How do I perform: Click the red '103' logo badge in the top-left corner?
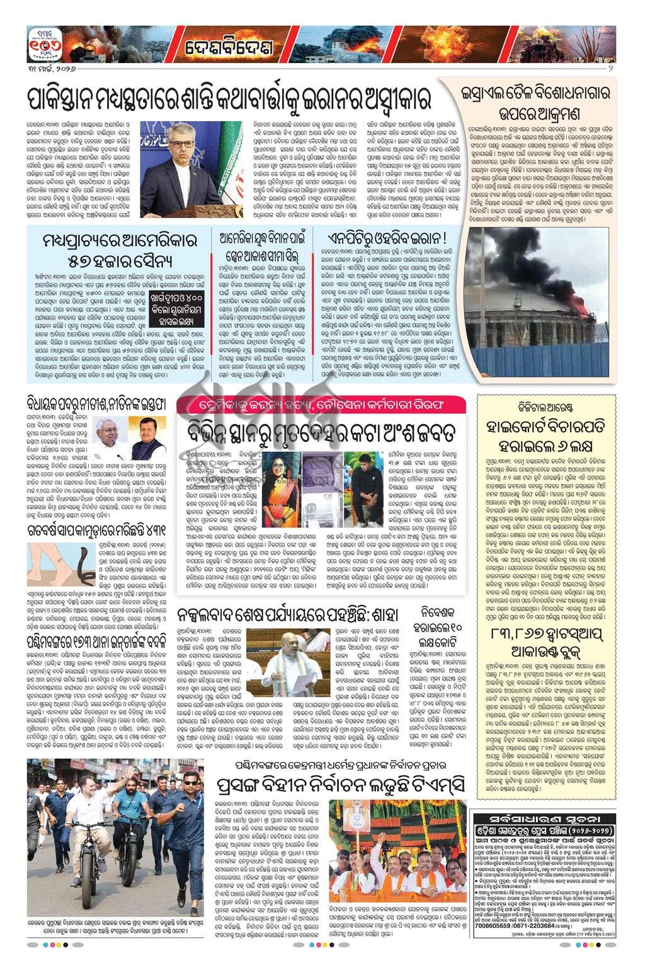coord(43,43)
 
